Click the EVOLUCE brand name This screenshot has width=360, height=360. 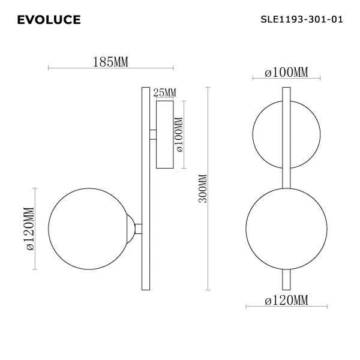(x=49, y=20)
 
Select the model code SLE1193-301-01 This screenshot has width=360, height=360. (x=302, y=19)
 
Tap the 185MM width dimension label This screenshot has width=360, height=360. (x=111, y=61)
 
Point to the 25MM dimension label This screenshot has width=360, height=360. (x=165, y=92)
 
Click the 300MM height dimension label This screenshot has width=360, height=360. (x=202, y=189)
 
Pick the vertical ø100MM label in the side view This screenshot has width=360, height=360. (x=178, y=135)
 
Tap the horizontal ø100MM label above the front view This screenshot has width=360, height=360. (x=286, y=73)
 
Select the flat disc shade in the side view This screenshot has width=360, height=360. (x=164, y=135)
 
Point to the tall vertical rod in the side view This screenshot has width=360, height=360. (x=145, y=188)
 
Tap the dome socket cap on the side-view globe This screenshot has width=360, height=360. (x=130, y=228)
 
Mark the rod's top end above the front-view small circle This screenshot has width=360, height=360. (x=286, y=96)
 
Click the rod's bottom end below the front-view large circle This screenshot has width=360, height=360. (x=286, y=278)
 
